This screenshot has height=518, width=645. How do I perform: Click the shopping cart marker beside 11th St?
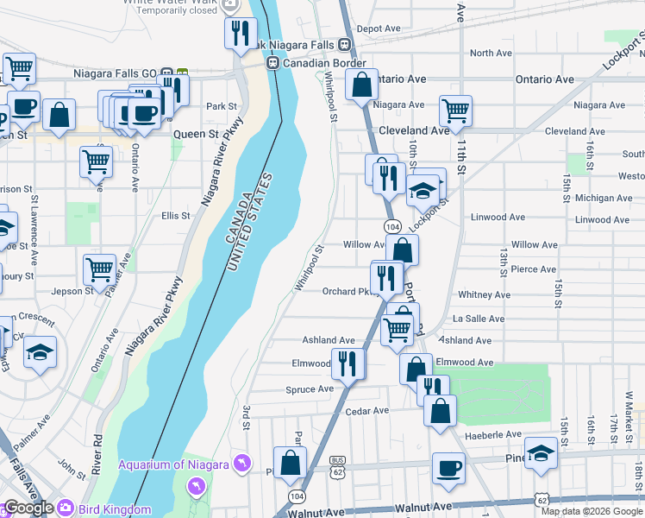click(x=454, y=110)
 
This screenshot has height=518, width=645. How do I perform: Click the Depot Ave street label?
click(x=379, y=28)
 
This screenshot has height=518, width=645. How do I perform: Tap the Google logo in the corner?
click(x=28, y=509)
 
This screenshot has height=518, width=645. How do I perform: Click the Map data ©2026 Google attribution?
click(x=591, y=511)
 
